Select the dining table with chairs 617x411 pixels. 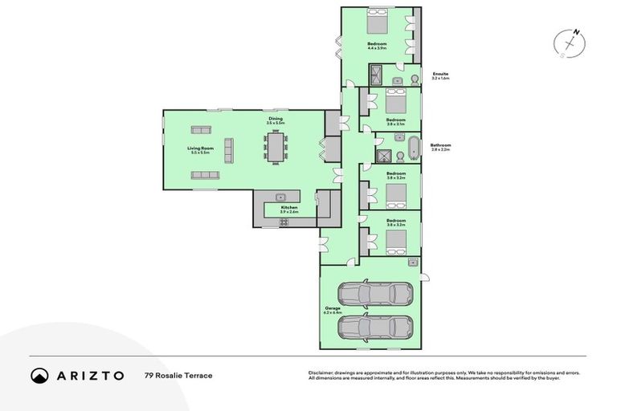tap(276, 147)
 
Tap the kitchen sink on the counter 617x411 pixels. tap(281, 197)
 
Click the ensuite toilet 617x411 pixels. tap(412, 79)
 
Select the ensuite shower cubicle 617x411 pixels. tap(376, 76)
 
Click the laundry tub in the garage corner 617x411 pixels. tap(412, 261)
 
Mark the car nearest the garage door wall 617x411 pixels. tap(375, 327)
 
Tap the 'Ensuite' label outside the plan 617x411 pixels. tap(439, 73)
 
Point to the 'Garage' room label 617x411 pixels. tap(333, 308)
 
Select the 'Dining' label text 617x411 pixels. tap(276, 119)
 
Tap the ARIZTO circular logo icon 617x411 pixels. tap(40, 375)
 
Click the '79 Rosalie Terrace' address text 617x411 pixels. tap(178, 376)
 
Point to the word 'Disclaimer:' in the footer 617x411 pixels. tap(322, 372)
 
